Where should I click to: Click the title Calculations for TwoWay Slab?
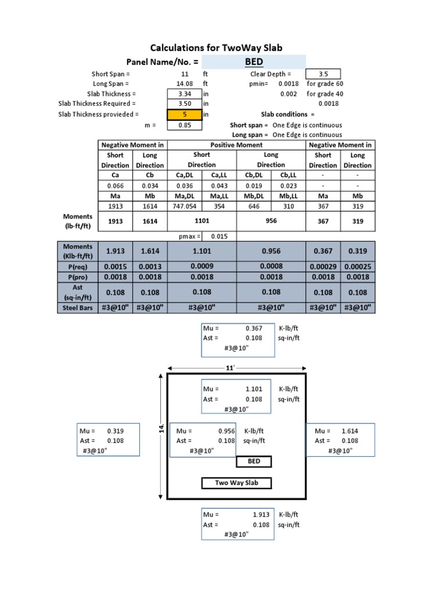(217, 48)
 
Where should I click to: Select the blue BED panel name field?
(254, 62)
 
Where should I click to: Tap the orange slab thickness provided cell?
(184, 114)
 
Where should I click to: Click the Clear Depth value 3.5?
(323, 74)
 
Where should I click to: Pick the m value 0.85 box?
(185, 125)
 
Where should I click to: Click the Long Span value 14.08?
(185, 84)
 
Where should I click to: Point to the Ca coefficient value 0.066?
(115, 186)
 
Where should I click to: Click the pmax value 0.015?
(219, 236)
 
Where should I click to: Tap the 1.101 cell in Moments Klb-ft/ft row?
(202, 251)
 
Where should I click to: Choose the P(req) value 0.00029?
(323, 266)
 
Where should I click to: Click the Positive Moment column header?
(236, 145)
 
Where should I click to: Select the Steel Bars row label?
(78, 307)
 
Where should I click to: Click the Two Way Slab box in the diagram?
(236, 483)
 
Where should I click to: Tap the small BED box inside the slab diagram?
(254, 461)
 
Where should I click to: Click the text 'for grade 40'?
(325, 94)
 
